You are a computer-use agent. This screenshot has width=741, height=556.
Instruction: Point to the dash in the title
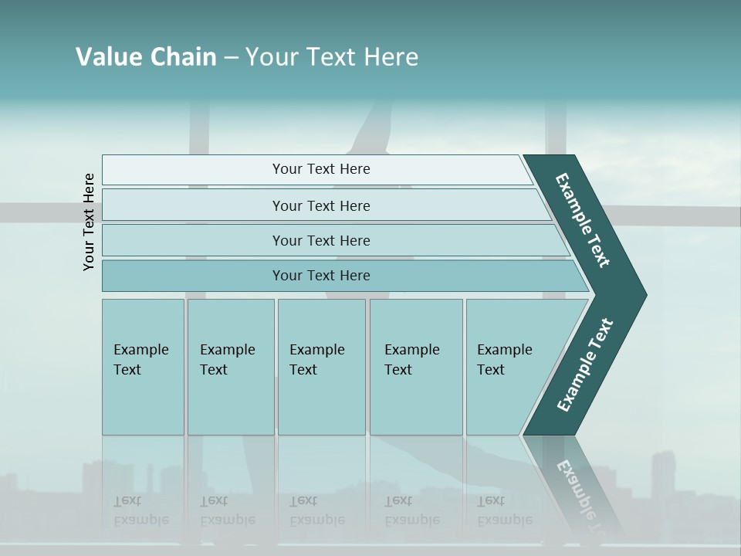click(x=231, y=58)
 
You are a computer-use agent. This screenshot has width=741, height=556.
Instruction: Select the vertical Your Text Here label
click(x=89, y=222)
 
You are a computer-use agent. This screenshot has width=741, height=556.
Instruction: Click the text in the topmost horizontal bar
click(x=321, y=169)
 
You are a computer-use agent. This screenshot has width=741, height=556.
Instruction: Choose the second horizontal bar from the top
click(x=321, y=205)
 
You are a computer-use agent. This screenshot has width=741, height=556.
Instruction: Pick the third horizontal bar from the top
click(x=321, y=240)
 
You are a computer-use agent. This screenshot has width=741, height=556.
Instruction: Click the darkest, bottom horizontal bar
click(x=321, y=276)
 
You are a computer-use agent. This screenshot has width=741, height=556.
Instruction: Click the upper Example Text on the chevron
click(x=583, y=220)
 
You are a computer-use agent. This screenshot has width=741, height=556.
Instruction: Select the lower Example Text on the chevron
click(x=584, y=365)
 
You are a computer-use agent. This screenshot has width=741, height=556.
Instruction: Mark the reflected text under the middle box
click(x=316, y=510)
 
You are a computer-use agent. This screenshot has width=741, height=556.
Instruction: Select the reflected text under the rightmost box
click(x=505, y=510)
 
